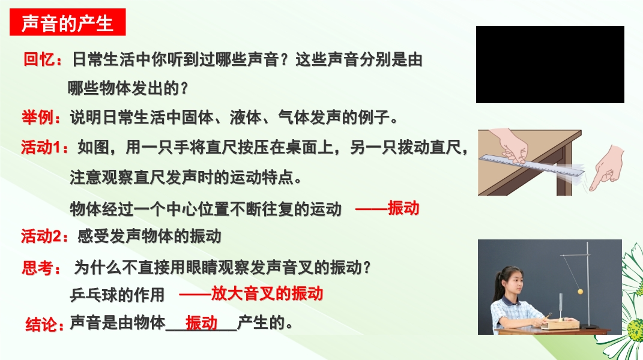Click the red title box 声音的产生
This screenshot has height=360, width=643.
tap(68, 22)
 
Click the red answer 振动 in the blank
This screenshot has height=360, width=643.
tap(201, 323)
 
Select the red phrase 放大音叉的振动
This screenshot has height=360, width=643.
tap(267, 293)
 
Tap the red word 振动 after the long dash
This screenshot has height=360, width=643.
tap(403, 208)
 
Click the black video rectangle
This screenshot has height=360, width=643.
tap(550, 64)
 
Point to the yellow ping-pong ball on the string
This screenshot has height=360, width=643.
tap(580, 292)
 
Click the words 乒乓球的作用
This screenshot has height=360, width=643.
tap(117, 295)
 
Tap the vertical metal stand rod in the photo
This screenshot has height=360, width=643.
tap(588, 284)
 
